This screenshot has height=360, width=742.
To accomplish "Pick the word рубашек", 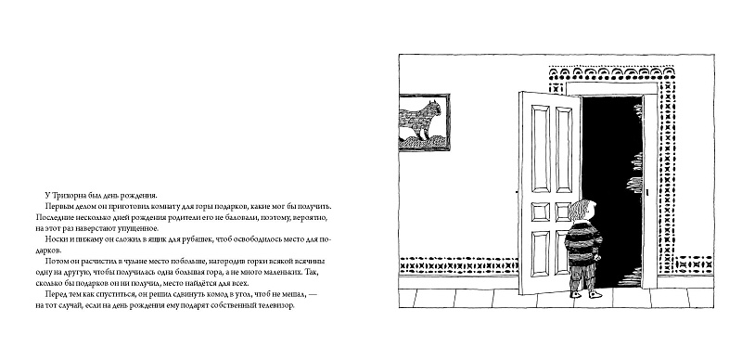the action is point(196,240).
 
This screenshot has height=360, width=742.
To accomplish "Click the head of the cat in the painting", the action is point(434,108).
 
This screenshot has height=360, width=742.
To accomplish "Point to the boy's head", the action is point(583,211).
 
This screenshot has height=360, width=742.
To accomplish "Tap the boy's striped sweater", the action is point(584,241).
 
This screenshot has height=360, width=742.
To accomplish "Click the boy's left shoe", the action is point(575,295).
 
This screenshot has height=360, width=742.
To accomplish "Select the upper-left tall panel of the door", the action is point(541,148).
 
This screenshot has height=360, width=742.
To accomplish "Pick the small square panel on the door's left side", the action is point(541,212).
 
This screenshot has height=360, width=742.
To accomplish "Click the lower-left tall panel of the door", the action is point(541,253).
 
